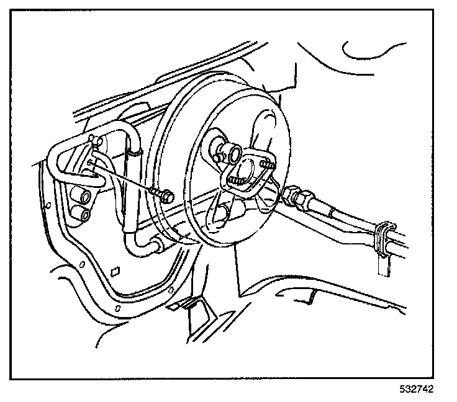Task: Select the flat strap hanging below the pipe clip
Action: tap(383, 263)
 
